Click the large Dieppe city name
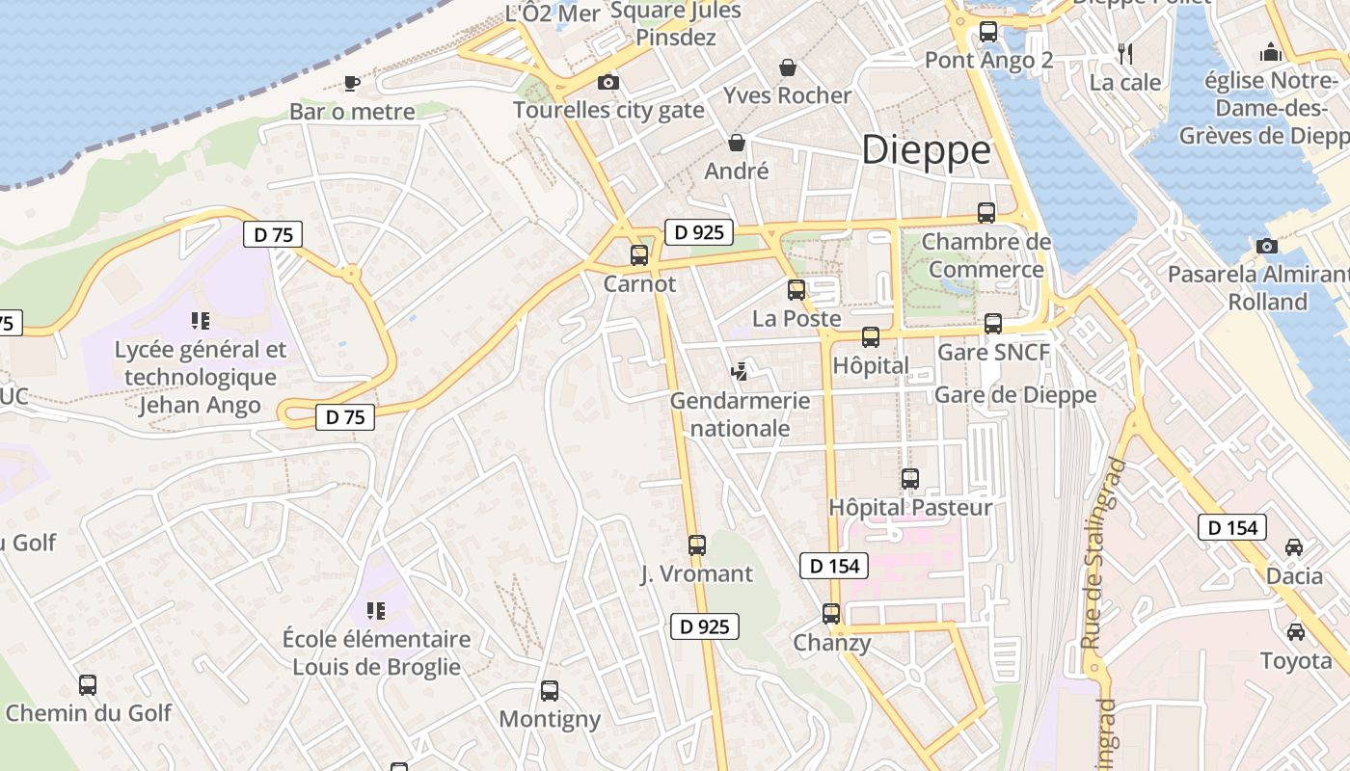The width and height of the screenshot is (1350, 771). (926, 150)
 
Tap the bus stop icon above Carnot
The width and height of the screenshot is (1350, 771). (639, 255)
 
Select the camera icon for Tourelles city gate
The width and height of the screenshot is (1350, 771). (607, 83)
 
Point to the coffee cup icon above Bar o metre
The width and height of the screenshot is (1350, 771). (352, 83)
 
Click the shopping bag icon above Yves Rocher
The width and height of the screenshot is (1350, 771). (788, 67)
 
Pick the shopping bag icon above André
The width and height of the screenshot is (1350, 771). (737, 143)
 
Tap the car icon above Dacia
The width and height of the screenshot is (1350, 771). (1294, 547)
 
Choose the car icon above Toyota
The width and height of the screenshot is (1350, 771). (1295, 632)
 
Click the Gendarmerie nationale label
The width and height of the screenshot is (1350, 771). (740, 413)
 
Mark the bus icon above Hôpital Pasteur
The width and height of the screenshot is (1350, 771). (909, 478)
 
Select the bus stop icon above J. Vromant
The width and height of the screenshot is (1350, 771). (697, 545)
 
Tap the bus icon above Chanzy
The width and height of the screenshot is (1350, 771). (830, 614)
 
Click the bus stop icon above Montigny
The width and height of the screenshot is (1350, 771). (550, 691)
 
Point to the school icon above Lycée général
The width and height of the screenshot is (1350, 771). (201, 320)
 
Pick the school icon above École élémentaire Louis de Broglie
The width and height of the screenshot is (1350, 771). (376, 610)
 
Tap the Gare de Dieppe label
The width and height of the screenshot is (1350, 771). (1015, 394)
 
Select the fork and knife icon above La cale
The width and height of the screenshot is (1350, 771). (1124, 53)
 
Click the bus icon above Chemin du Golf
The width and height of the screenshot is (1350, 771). (88, 685)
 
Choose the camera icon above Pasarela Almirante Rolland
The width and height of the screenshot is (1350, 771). (1267, 246)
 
